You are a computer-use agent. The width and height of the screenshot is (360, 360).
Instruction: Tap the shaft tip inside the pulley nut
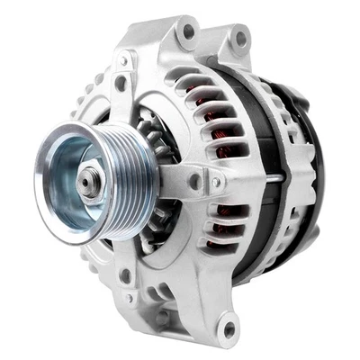(x=86, y=183)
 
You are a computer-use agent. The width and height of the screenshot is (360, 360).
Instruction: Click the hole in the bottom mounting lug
(x=229, y=328)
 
